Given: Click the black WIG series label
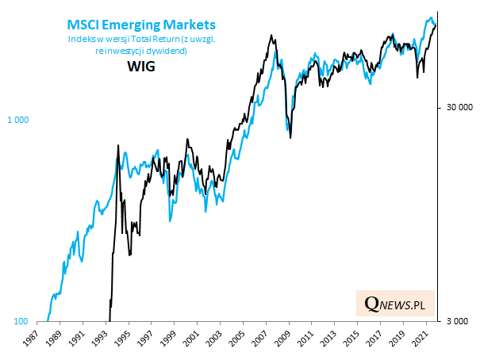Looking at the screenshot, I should coord(140,67).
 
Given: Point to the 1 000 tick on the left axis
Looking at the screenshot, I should coord(18,120).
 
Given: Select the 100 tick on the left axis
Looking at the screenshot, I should coord(22,321).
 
